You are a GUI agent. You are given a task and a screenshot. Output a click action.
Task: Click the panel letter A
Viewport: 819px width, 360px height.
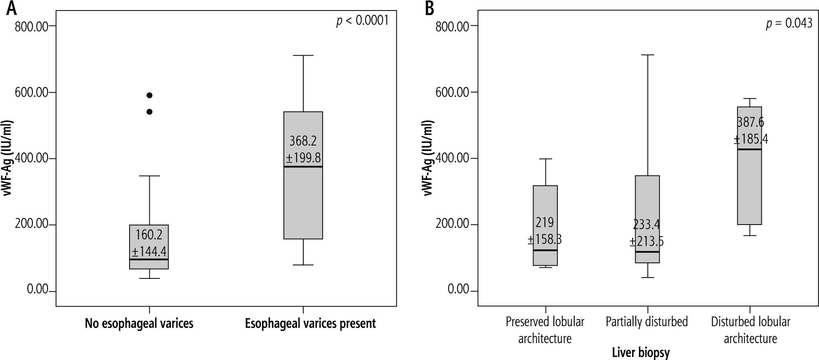tap(11, 8)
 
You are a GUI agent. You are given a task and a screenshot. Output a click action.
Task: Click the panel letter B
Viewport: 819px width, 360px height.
tap(429, 8)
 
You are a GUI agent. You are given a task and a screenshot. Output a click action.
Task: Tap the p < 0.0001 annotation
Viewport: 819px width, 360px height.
tap(362, 21)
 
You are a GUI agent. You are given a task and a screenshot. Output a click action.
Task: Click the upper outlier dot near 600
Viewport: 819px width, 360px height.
tap(149, 95)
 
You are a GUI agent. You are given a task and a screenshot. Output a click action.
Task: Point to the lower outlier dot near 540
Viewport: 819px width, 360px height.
tap(149, 112)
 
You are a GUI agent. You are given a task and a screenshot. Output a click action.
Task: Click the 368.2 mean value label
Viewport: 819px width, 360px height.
tap(303, 140)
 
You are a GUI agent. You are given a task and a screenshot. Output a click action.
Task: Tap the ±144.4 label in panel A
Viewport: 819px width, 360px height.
tap(149, 251)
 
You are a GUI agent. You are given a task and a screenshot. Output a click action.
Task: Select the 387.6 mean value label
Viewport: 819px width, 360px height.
tap(750, 122)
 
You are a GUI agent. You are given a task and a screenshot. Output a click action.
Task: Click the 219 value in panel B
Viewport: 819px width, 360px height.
tap(545, 222)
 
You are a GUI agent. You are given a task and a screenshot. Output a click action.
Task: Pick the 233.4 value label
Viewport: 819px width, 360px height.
tap(647, 225)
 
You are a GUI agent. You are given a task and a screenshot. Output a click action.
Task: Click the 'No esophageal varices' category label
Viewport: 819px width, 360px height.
tap(139, 323)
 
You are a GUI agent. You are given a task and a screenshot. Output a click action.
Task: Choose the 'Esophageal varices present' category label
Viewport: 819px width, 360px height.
tap(310, 323)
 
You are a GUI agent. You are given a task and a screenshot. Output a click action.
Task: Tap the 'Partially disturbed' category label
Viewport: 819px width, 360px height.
tap(647, 322)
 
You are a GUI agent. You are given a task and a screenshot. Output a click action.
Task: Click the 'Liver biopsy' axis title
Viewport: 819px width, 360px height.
tap(641, 352)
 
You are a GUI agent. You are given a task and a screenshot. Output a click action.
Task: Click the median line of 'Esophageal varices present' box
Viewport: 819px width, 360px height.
tap(303, 167)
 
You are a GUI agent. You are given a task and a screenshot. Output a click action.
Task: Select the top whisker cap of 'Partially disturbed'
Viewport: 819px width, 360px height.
tap(647, 55)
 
